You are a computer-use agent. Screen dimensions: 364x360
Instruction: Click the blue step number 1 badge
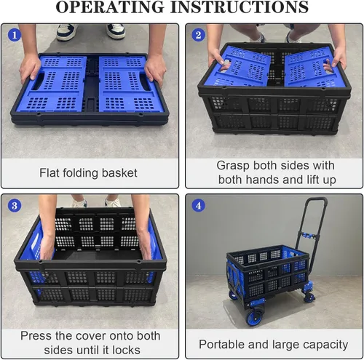pos(15,35)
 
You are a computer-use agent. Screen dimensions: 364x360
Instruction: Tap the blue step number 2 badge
pos(199,35)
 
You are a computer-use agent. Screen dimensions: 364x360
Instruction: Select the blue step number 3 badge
pos(15,206)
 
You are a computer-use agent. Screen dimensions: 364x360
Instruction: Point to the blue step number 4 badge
pos(199,206)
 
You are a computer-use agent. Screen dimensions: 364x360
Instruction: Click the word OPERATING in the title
pos(111,7)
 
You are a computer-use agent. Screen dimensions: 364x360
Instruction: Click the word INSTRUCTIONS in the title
pos(240,7)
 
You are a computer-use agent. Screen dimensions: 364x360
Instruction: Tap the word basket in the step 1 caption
pos(119,173)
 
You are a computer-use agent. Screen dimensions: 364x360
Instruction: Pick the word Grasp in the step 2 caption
pos(233,166)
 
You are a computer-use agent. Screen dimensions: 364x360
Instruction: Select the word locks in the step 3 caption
pos(126,350)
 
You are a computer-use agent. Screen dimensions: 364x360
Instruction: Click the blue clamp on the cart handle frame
pos(308,235)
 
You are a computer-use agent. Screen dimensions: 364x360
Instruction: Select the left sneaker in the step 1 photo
pos(67,31)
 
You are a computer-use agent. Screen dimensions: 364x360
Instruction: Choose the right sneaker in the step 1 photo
pos(116,31)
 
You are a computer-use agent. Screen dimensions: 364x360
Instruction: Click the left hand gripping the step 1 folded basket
pos(30,68)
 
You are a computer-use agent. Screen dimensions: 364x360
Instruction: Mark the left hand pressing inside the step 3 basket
pos(47,247)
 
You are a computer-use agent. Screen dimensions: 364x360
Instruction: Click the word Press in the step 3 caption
pos(36,336)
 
